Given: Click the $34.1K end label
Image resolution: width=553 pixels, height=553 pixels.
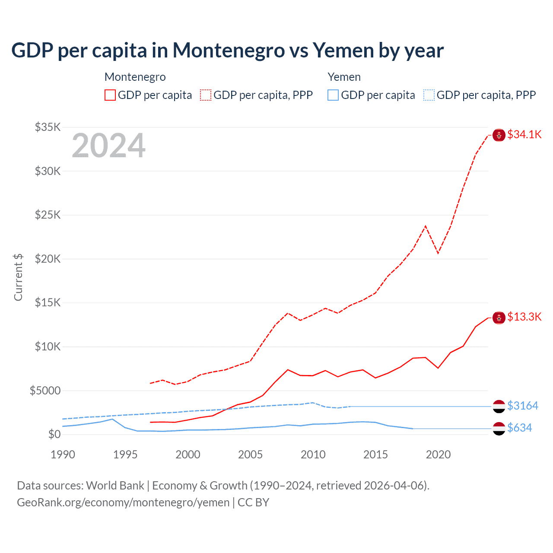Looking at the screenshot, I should [x=524, y=134].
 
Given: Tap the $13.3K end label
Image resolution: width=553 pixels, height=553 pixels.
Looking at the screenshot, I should [x=524, y=317].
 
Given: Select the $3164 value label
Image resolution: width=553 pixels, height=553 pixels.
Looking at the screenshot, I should [x=522, y=406].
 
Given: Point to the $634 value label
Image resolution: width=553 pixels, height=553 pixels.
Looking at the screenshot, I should [x=519, y=428].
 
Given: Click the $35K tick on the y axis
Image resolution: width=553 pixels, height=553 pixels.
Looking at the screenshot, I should [x=48, y=127].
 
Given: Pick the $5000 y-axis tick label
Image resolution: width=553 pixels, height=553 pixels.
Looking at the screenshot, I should [x=45, y=391].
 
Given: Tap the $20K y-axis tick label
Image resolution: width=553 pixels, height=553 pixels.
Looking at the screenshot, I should [x=48, y=259].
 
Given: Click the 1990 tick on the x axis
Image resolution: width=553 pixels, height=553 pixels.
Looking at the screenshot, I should [x=63, y=454].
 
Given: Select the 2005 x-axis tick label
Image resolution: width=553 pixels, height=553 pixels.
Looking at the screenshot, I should [x=251, y=454].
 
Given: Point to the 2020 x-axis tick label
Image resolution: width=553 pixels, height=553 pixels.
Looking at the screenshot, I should [x=438, y=454].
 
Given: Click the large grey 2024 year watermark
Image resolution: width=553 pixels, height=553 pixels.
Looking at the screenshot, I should [x=108, y=146].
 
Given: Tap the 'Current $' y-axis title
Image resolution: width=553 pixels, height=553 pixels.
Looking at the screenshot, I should [x=18, y=277].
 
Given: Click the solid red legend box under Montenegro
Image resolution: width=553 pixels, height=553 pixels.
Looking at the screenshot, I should [x=110, y=95].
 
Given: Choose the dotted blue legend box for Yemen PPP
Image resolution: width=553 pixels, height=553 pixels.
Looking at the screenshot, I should [x=429, y=95].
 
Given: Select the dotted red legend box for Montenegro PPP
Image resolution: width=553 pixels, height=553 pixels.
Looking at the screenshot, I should [x=206, y=95].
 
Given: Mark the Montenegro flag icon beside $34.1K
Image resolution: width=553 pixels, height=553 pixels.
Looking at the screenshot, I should [x=499, y=135].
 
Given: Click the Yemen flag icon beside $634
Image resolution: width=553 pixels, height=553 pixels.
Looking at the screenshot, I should [x=499, y=428].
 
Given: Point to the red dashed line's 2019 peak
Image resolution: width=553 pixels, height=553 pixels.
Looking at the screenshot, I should [x=426, y=226].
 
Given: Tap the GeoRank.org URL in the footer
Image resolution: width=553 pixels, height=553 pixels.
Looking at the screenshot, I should [x=123, y=502].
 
